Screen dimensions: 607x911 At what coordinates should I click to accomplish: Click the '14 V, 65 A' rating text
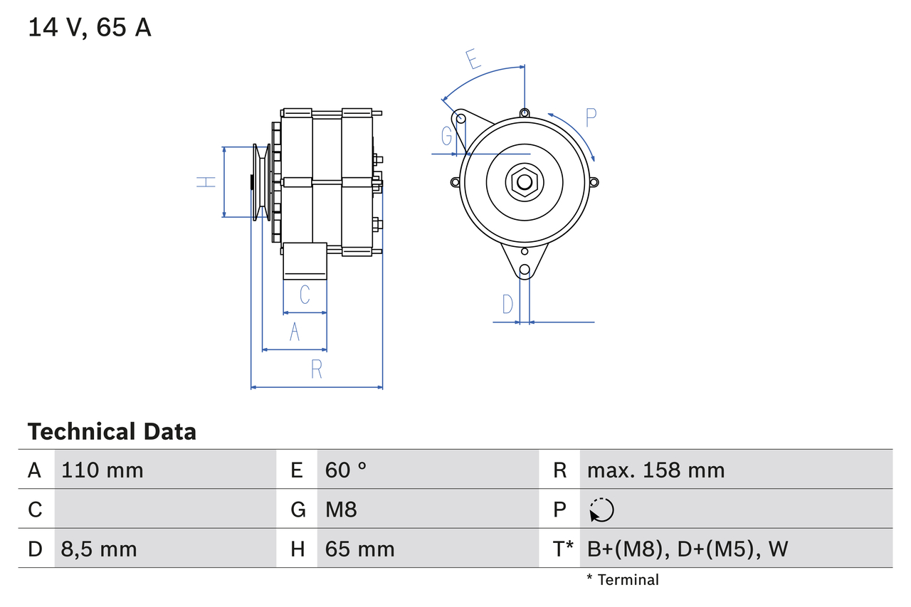(89, 28)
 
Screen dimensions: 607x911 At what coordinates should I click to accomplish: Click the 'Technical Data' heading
(112, 431)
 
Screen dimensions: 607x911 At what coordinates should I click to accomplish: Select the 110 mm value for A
(102, 470)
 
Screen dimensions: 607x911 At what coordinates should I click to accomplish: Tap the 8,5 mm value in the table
(99, 549)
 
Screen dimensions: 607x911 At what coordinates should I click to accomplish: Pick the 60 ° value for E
(346, 470)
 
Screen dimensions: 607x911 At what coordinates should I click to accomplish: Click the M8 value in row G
(341, 510)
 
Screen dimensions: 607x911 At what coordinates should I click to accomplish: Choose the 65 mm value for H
(359, 549)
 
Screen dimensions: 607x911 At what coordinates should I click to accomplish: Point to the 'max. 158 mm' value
(655, 470)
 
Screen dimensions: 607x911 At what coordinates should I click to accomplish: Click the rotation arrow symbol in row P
(601, 510)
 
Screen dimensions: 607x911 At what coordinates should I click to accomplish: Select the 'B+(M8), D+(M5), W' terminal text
(688, 549)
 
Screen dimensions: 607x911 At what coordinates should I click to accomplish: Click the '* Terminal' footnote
(623, 580)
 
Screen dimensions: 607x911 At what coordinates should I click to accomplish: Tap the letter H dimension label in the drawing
(206, 181)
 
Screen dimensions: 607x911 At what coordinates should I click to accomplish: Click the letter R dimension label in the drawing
(317, 369)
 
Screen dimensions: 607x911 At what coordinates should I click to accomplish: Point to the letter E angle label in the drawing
(473, 59)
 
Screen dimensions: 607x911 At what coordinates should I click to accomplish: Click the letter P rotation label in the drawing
(591, 117)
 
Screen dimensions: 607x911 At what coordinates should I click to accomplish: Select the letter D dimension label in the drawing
(507, 304)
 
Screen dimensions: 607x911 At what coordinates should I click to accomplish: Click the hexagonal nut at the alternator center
(524, 181)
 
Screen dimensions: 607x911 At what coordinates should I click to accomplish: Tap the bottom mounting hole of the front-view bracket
(525, 270)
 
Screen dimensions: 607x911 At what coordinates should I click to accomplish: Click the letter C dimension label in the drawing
(305, 294)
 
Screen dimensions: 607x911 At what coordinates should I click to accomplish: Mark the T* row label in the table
(563, 549)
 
